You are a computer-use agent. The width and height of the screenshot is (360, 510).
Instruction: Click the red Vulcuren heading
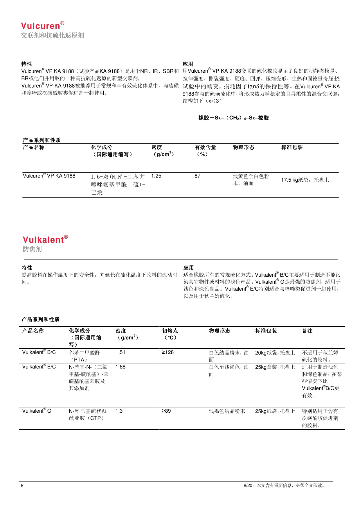[42, 26]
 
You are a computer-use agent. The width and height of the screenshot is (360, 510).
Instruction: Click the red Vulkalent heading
[45, 239]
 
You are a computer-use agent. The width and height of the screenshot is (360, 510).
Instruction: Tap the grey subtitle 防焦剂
[32, 249]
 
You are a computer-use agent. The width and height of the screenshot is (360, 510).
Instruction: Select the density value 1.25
[156, 176]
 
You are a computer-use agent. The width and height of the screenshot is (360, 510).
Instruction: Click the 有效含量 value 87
[197, 176]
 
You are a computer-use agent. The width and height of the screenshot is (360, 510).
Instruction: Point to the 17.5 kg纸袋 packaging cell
[305, 180]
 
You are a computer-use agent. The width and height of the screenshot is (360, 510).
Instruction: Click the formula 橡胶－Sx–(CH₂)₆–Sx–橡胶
[233, 118]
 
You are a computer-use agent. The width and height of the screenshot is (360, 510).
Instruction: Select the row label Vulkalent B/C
[39, 352]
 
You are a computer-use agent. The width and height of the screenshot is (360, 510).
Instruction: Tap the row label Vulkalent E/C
[39, 367]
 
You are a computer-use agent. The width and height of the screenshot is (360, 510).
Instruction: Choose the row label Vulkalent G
[37, 411]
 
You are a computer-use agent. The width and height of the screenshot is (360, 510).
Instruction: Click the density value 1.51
[120, 352]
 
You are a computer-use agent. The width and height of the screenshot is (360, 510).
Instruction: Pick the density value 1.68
[120, 367]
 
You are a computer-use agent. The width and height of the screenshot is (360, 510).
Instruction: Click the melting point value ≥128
[168, 352]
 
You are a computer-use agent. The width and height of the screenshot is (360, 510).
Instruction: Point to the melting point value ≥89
[166, 411]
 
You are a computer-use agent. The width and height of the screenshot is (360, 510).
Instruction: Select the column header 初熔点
[170, 331]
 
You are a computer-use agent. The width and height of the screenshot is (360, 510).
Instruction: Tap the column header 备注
[307, 331]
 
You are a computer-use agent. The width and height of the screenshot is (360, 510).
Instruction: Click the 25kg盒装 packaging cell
[275, 367]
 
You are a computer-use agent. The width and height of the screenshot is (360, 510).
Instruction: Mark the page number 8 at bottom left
[22, 485]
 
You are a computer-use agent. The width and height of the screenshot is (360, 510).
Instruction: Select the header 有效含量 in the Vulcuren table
[205, 147]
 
